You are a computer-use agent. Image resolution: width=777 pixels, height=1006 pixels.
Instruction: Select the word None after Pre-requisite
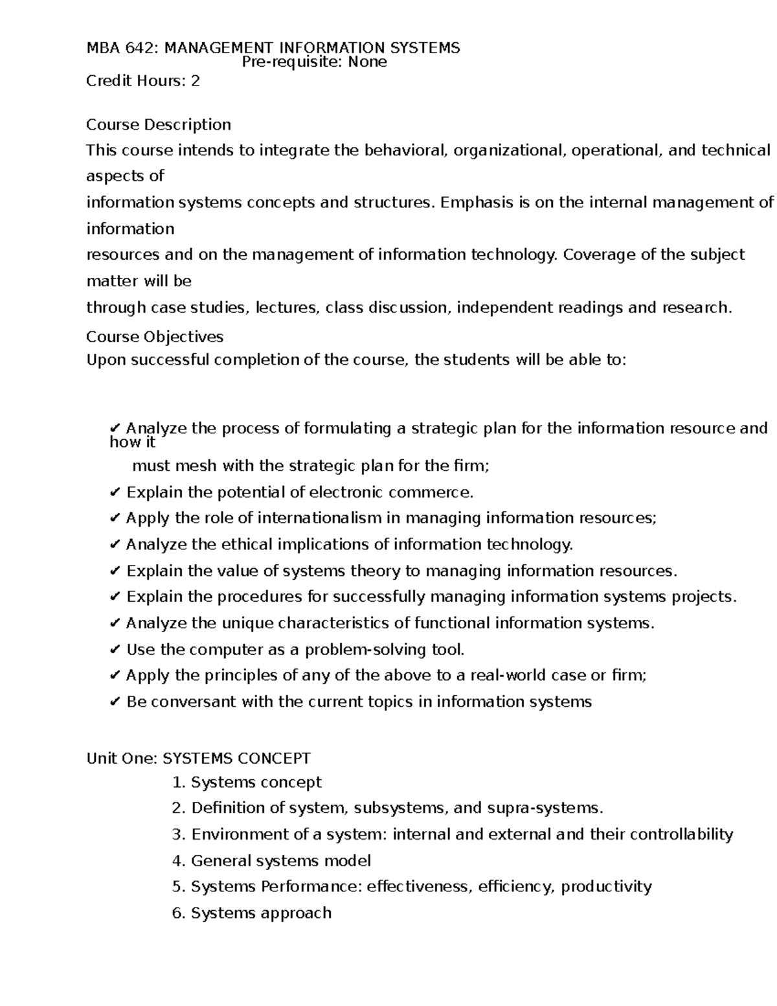click(367, 62)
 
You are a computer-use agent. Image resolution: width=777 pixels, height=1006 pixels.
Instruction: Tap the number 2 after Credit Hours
click(195, 81)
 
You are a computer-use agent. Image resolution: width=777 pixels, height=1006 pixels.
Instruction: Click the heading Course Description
click(159, 124)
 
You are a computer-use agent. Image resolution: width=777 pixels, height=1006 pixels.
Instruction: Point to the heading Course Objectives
click(155, 337)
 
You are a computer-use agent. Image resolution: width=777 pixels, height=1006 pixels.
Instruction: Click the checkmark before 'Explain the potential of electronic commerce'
click(115, 493)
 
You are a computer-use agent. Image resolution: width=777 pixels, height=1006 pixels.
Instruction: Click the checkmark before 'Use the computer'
click(115, 650)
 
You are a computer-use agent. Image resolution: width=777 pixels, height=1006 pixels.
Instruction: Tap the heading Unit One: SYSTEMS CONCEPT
click(199, 758)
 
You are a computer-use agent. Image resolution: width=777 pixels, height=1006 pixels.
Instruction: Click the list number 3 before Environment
click(178, 834)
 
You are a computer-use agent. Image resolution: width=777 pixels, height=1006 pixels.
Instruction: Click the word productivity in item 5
click(606, 887)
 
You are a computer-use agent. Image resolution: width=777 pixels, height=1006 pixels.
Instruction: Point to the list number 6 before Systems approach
click(178, 913)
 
